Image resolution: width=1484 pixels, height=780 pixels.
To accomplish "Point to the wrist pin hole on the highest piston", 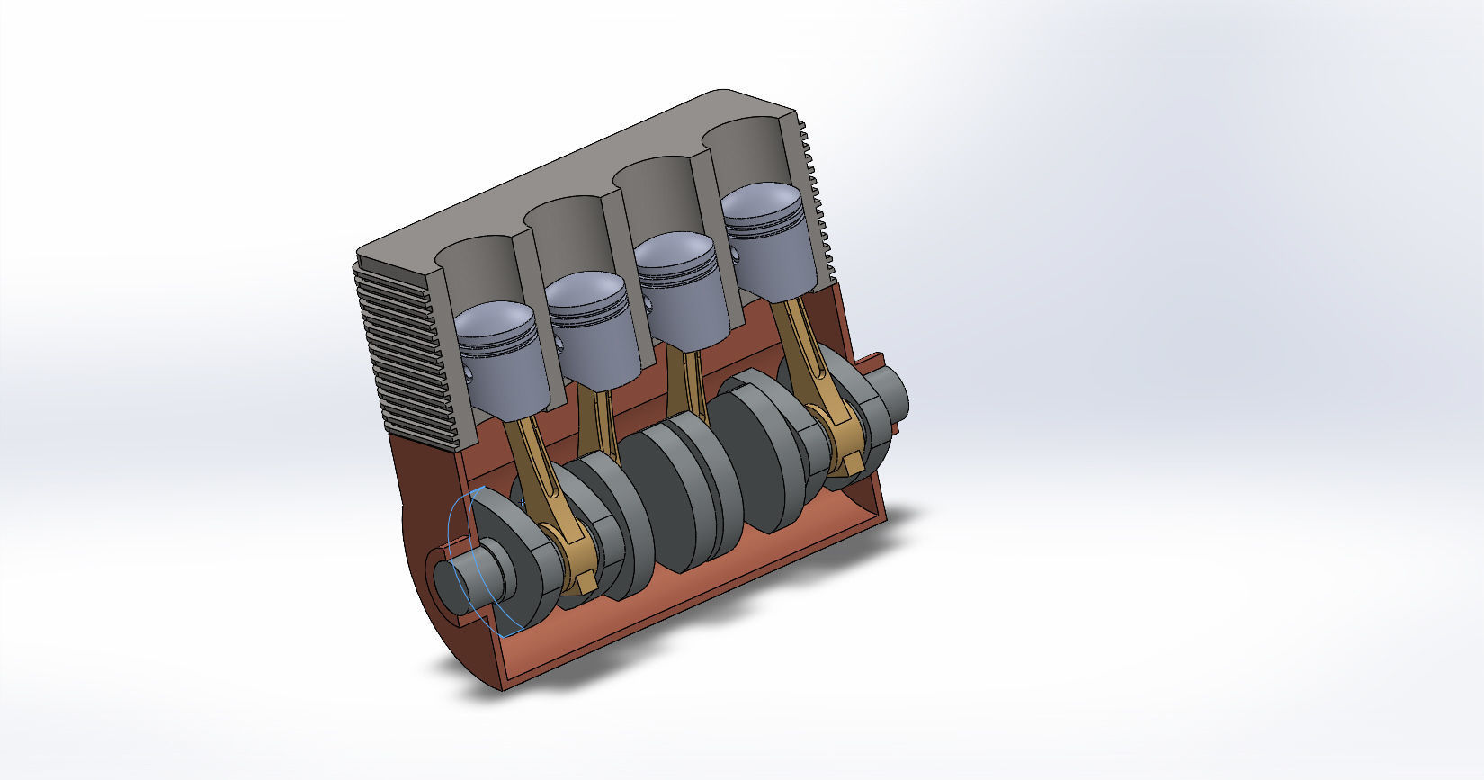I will (735, 255).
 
